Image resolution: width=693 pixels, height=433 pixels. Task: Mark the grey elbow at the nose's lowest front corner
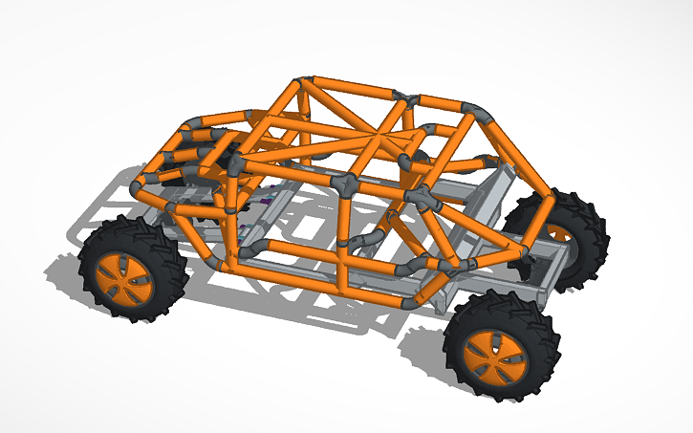(x=143, y=182)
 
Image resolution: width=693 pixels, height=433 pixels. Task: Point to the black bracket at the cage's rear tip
(x=525, y=252)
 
